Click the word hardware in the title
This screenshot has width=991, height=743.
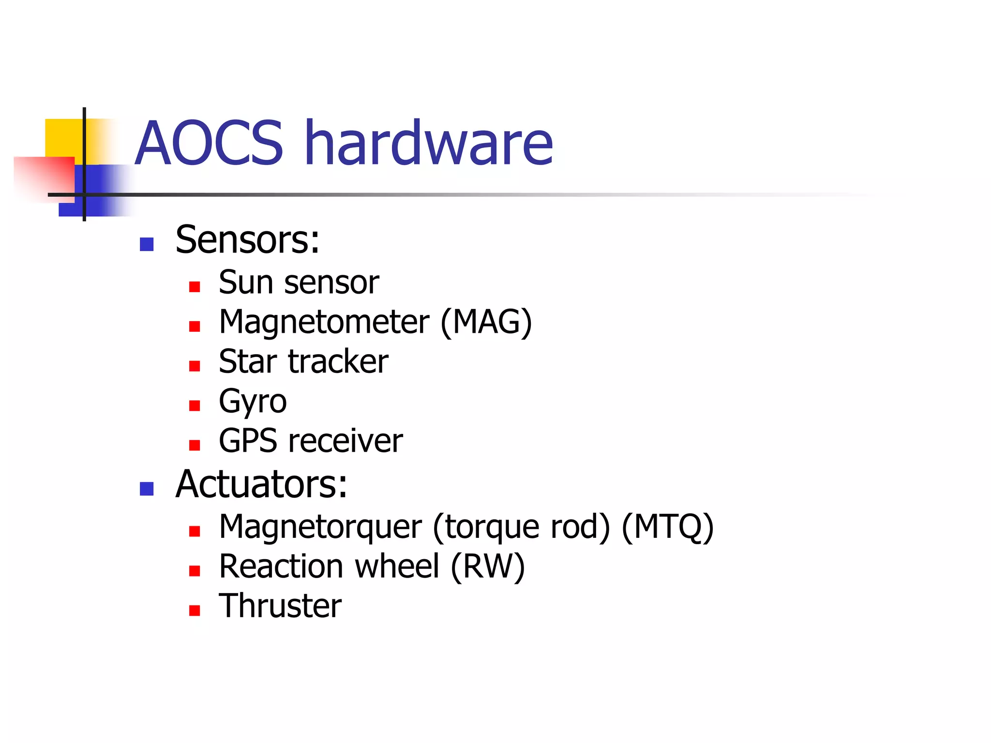point(430,143)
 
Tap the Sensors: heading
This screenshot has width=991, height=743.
point(247,240)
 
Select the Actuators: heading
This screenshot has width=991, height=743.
point(261,484)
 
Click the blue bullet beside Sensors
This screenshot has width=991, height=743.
point(147,244)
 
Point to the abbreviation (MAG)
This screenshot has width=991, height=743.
point(486,322)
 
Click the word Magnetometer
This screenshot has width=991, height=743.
point(324,322)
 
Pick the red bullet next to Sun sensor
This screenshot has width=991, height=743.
point(195,287)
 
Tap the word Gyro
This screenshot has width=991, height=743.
point(253,401)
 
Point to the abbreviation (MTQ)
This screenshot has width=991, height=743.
point(667,527)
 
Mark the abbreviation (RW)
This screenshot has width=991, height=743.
point(487,566)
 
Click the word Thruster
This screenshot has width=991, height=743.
point(280,606)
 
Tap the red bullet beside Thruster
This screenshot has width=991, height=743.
point(195,610)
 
